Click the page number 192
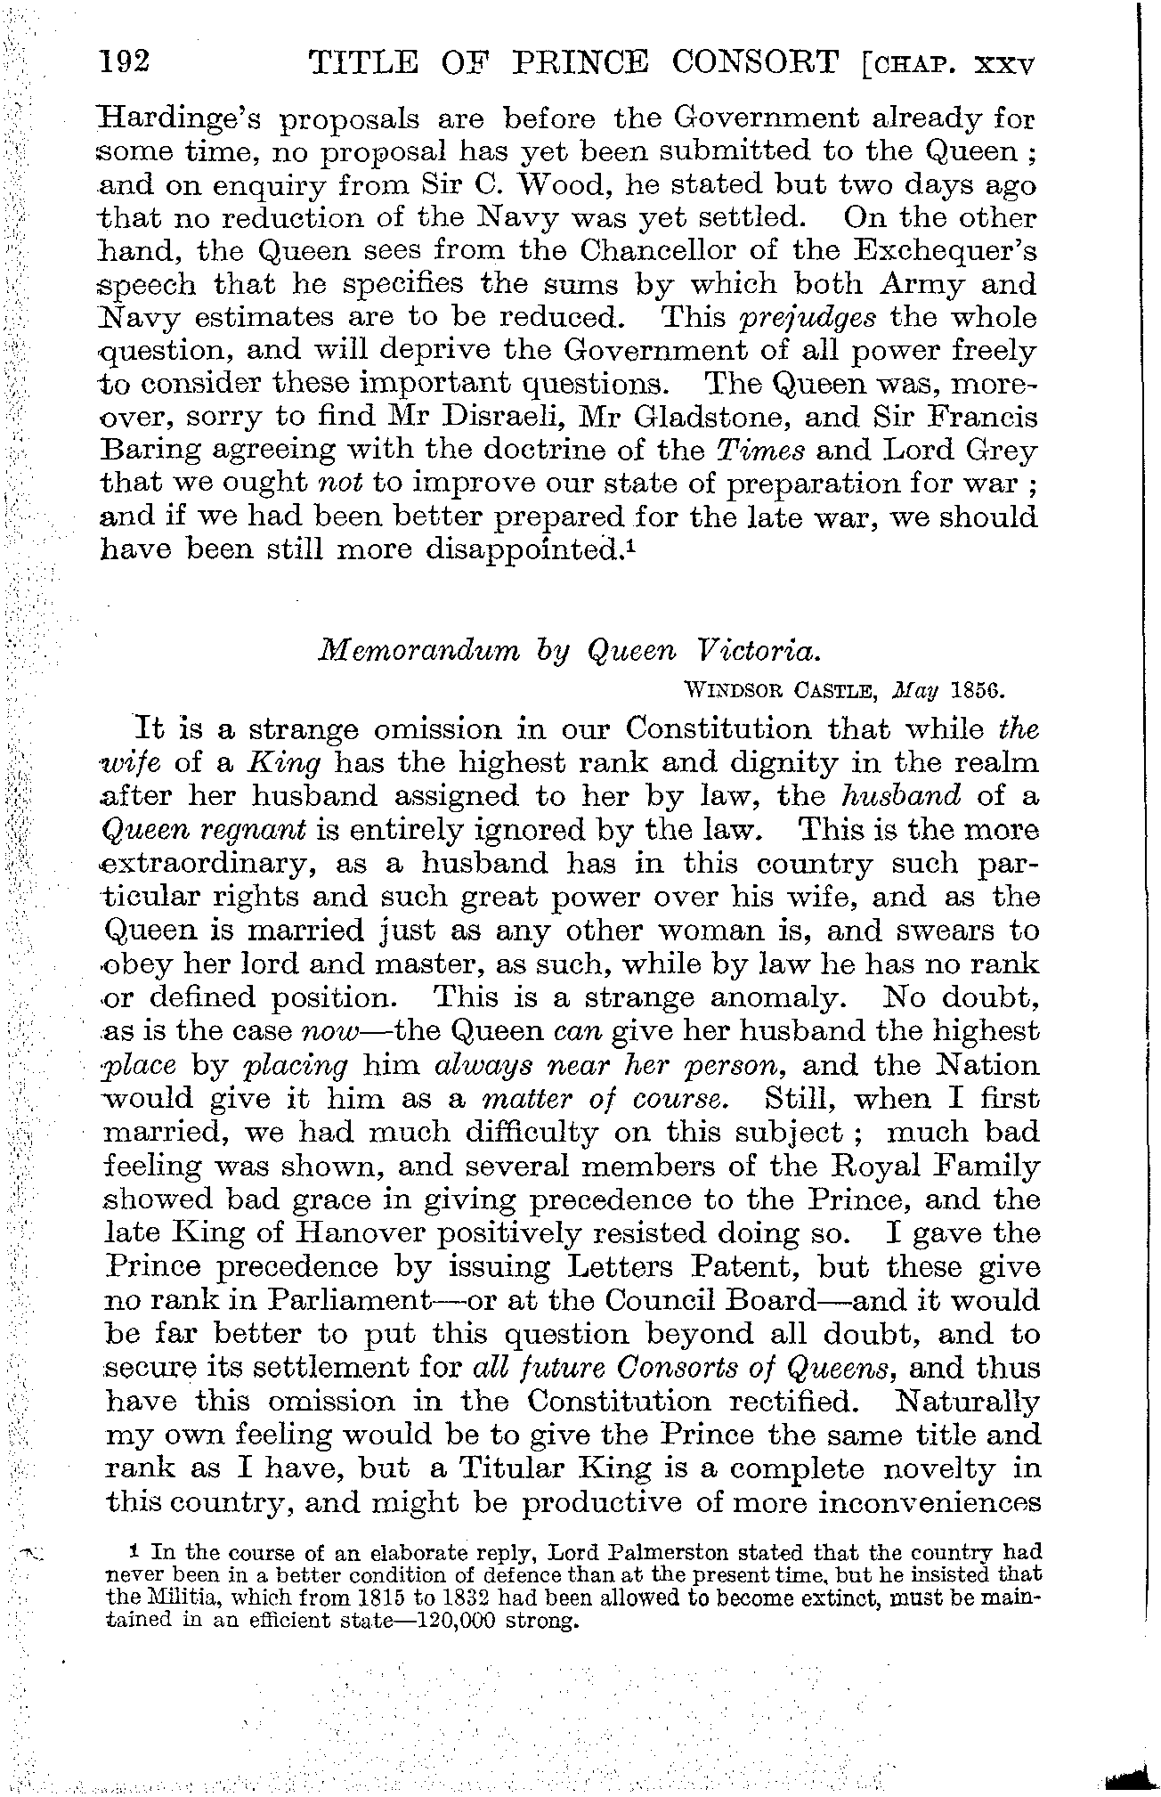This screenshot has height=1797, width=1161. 126,63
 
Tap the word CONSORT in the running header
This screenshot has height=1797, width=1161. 757,63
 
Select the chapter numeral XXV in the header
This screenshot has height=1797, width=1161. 1005,65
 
